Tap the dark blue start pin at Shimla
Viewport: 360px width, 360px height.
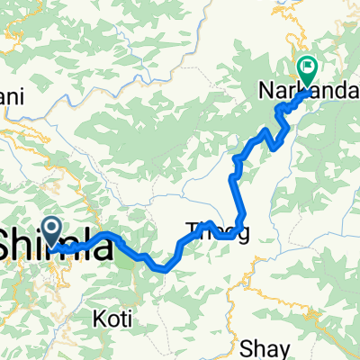pos(51,229)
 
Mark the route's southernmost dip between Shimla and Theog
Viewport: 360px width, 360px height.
pos(162,267)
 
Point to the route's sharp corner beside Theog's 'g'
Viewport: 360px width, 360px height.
pos(243,225)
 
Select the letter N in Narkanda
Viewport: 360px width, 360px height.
pos(292,92)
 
